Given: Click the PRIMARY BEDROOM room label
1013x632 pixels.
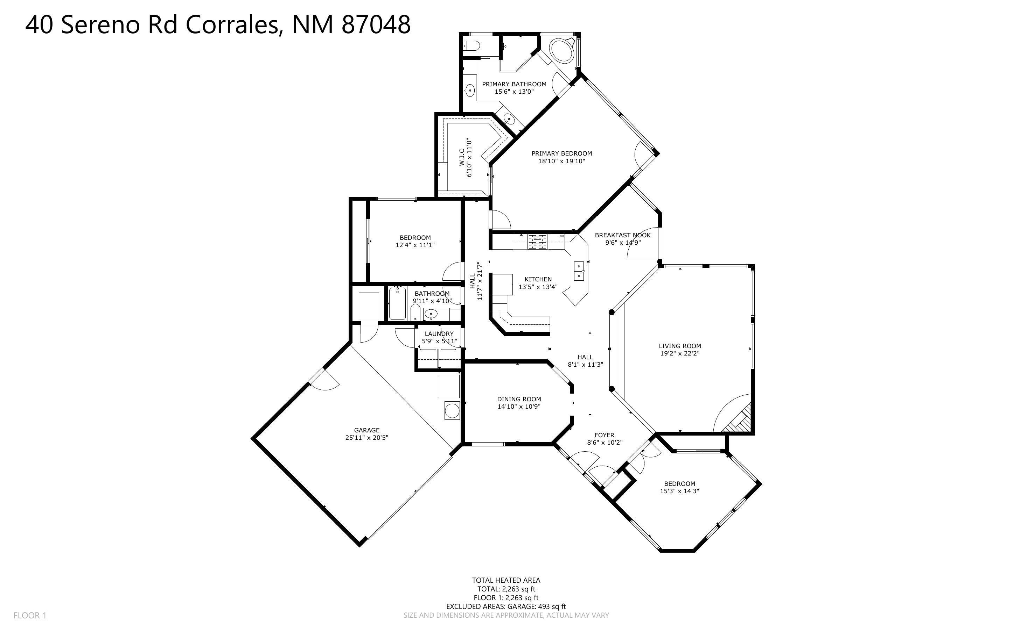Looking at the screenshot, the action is click(x=561, y=153).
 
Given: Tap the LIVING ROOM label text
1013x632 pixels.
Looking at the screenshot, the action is click(x=680, y=346).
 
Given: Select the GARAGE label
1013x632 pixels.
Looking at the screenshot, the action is click(x=366, y=430).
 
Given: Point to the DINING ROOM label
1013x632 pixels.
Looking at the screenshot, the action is click(x=519, y=399).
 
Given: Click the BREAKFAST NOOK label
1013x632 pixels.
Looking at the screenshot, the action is click(x=623, y=235).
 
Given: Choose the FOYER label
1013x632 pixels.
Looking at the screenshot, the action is click(x=604, y=435).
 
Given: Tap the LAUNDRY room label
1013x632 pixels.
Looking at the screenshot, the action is click(x=439, y=333).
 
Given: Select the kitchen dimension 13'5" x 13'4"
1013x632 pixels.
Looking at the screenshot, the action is click(x=538, y=287).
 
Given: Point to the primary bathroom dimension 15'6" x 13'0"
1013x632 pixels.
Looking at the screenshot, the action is click(x=514, y=92).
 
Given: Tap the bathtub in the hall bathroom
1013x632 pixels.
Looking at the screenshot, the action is click(x=397, y=303).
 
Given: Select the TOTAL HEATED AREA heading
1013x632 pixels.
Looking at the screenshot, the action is click(x=506, y=580).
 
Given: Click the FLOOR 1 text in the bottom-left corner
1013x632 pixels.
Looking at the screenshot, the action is click(x=30, y=615).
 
